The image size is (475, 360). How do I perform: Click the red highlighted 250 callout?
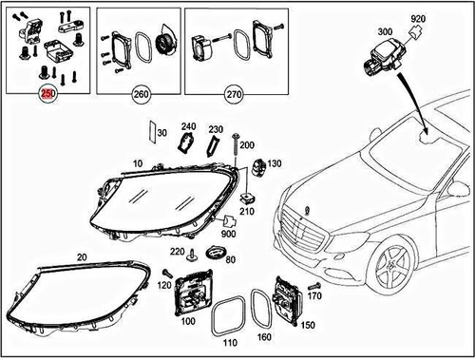46,95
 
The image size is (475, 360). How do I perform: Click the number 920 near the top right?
418,19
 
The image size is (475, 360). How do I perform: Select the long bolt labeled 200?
232,154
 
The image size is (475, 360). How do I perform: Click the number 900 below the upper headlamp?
229,234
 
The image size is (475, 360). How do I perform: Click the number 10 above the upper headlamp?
138,164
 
